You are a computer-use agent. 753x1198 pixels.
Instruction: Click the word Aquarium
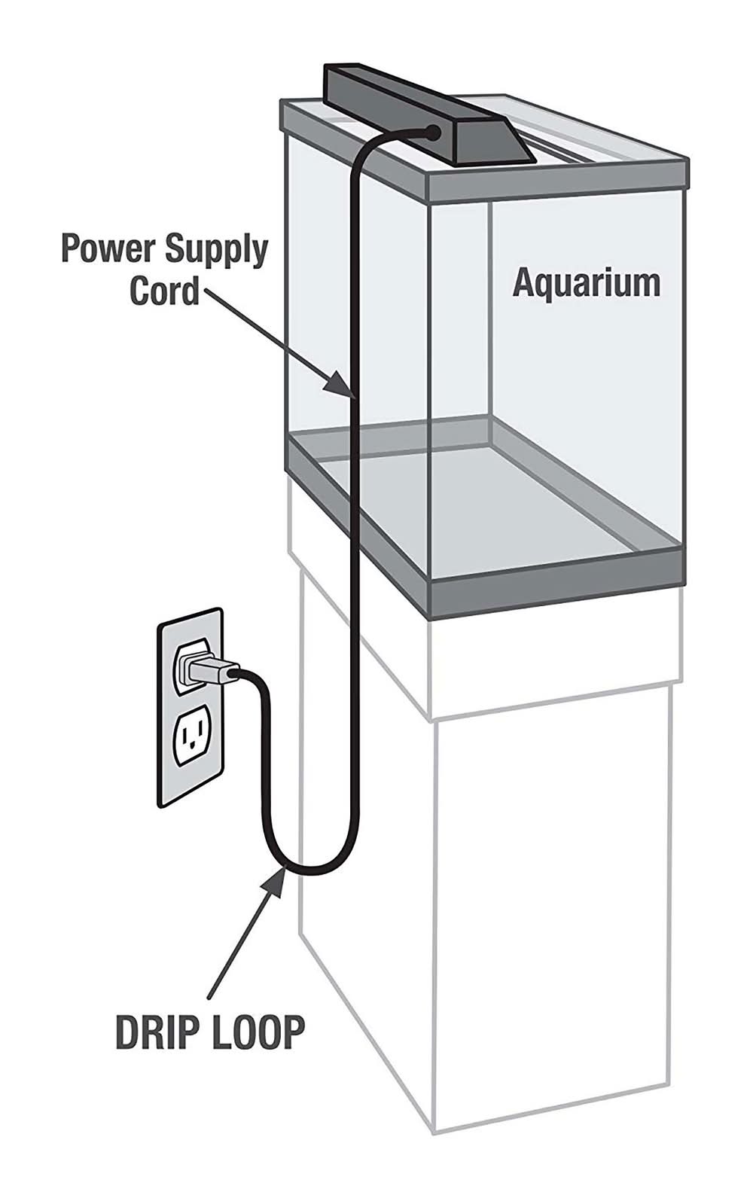(x=586, y=284)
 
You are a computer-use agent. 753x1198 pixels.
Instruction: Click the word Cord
(x=164, y=291)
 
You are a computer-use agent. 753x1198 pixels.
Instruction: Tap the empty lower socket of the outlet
(x=190, y=737)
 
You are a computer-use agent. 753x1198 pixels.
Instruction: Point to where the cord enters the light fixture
(x=433, y=133)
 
